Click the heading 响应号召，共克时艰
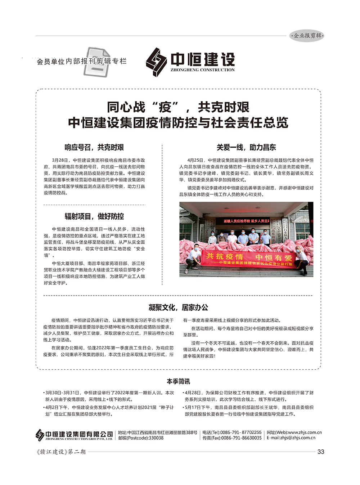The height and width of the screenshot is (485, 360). [94, 147]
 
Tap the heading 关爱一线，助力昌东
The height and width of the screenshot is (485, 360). [246, 147]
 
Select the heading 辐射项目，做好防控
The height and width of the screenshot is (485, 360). [94, 216]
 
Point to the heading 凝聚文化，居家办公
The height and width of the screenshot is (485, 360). [178, 307]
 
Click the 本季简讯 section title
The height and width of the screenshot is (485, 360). [178, 381]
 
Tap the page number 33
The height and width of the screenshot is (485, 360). [321, 452]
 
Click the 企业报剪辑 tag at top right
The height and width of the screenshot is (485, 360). [307, 36]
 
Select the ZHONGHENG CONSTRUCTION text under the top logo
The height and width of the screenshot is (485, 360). [202, 70]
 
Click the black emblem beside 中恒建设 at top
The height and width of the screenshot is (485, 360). [156, 62]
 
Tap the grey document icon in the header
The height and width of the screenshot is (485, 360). [97, 62]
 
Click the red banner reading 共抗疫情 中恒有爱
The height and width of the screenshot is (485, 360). [248, 259]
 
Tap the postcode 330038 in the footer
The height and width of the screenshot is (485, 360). [156, 438]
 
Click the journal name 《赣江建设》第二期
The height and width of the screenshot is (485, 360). [61, 452]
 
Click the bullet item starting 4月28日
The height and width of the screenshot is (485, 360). [249, 396]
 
